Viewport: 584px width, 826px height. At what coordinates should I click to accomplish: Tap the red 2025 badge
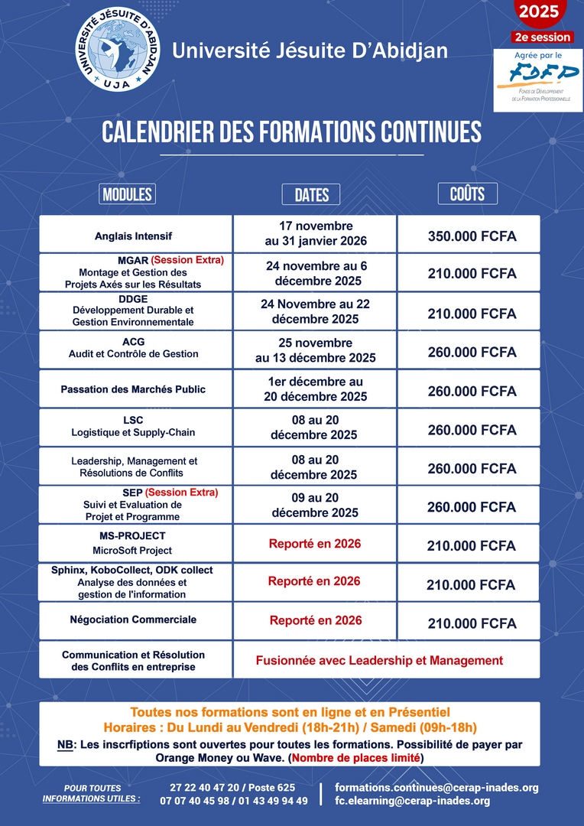(x=539, y=12)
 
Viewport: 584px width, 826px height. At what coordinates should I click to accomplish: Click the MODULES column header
(x=127, y=193)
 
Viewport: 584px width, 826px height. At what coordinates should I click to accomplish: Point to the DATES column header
(x=311, y=195)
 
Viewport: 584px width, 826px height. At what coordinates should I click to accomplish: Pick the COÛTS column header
(x=467, y=193)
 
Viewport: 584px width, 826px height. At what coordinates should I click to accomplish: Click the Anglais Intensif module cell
(x=135, y=235)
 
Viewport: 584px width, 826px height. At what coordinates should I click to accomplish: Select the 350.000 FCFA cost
(x=471, y=236)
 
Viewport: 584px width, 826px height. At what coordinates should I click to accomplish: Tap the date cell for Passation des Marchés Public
(x=316, y=389)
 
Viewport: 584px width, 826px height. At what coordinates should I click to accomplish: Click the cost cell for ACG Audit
(x=471, y=353)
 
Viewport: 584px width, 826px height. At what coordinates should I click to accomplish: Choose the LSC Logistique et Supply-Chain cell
(x=134, y=427)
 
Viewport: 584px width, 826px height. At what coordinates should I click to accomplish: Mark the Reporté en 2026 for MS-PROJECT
(x=315, y=544)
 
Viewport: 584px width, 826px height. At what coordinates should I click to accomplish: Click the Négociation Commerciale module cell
(x=134, y=619)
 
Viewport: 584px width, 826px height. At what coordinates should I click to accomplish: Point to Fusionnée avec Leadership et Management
(x=379, y=660)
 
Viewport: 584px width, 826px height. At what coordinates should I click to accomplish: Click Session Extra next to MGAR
(x=187, y=260)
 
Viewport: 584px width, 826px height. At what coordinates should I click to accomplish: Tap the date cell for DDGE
(x=316, y=311)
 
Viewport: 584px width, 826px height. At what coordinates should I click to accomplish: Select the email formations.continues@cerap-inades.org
(x=436, y=787)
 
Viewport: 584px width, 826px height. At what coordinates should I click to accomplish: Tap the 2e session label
(x=541, y=37)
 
